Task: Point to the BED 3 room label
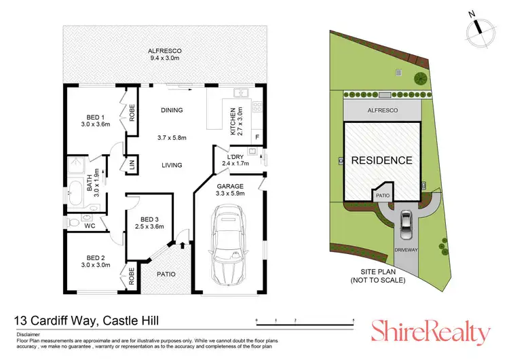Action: click(x=149, y=223)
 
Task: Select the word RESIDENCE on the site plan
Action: click(x=381, y=161)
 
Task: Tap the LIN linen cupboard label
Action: click(x=132, y=165)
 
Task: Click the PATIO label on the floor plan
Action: click(x=166, y=274)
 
